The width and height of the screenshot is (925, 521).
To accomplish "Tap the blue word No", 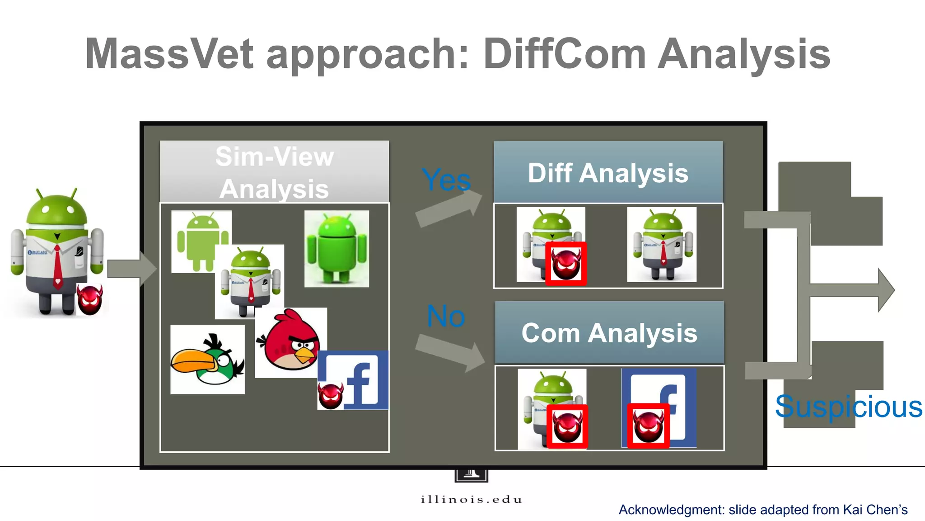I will pos(445,316).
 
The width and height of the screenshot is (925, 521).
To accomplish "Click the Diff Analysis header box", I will pos(608,172).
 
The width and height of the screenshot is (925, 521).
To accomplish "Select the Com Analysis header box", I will pos(609,333).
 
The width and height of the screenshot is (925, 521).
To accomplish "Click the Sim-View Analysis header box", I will pos(274,172).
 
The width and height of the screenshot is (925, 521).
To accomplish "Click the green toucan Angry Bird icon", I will pos(207,360).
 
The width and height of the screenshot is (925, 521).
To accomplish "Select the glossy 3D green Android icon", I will pos(336,248).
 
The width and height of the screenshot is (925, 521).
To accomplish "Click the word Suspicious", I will pos(848,407).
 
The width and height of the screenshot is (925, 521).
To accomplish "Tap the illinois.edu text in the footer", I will pos(471,499).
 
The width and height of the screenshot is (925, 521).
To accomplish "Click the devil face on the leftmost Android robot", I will pos(89,299).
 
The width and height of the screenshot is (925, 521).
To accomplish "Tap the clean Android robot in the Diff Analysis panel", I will pos(662,244).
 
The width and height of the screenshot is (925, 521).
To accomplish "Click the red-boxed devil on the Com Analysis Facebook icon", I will pos(648,426).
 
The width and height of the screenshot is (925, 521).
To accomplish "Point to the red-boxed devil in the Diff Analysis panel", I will pos(566,264).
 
